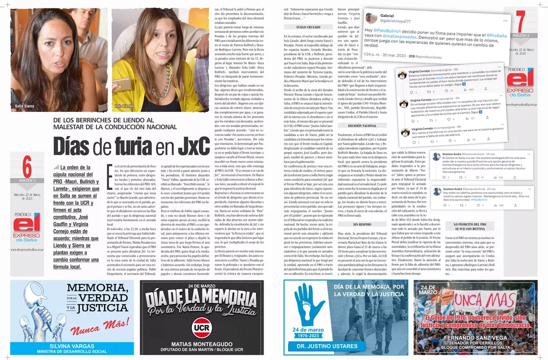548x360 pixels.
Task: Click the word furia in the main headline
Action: coord(140,146)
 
